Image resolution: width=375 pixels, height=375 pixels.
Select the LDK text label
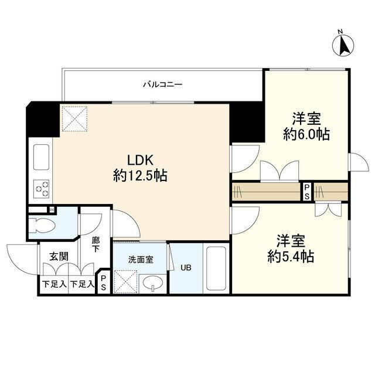[141, 160]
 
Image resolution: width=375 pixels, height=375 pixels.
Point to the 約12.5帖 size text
[141, 175]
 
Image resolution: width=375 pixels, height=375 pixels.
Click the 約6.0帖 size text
[306, 134]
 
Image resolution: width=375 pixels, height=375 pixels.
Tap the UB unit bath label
[185, 268]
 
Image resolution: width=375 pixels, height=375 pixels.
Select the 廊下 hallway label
[96, 244]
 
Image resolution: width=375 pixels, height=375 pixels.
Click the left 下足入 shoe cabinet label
[54, 285]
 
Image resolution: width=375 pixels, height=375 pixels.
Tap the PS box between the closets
[306, 192]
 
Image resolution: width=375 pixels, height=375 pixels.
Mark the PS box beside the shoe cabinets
[104, 283]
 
